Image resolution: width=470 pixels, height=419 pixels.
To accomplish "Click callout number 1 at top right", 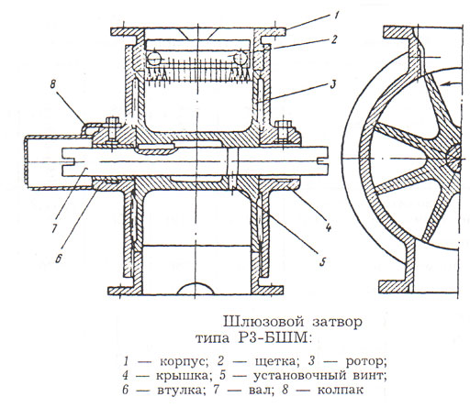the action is pyautogui.click(x=336, y=16).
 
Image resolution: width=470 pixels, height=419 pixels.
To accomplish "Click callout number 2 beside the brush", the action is pyautogui.click(x=334, y=39).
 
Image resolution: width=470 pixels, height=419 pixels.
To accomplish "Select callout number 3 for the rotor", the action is pyautogui.click(x=333, y=84).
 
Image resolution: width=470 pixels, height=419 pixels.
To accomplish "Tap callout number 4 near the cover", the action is pyautogui.click(x=329, y=227).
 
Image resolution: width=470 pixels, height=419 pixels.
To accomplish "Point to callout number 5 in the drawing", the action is pyautogui.click(x=323, y=262).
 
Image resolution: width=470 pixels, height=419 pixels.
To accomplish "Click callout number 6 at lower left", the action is pyautogui.click(x=59, y=259).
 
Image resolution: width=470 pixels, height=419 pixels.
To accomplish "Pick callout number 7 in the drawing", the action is pyautogui.click(x=54, y=227).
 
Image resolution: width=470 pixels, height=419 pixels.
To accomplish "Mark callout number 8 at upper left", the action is pyautogui.click(x=52, y=84).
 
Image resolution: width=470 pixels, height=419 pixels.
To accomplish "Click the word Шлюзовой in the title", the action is pyautogui.click(x=263, y=322).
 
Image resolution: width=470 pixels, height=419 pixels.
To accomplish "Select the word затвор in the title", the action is pyautogui.click(x=338, y=323).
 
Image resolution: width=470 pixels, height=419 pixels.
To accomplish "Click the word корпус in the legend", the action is pyautogui.click(x=182, y=362).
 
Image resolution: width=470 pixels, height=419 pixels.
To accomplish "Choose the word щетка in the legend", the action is pyautogui.click(x=274, y=362).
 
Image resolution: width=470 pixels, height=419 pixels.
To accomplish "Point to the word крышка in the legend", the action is pyautogui.click(x=180, y=376).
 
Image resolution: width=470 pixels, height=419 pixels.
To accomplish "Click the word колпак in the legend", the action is pyautogui.click(x=341, y=391).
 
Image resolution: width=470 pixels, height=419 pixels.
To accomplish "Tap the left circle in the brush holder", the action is pyautogui.click(x=155, y=58).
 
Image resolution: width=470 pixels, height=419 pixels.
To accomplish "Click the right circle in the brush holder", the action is pyautogui.click(x=241, y=58).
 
